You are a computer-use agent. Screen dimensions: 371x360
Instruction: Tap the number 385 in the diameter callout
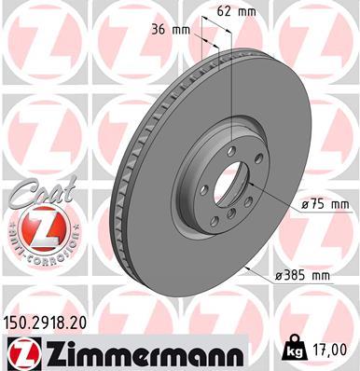[299, 276]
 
